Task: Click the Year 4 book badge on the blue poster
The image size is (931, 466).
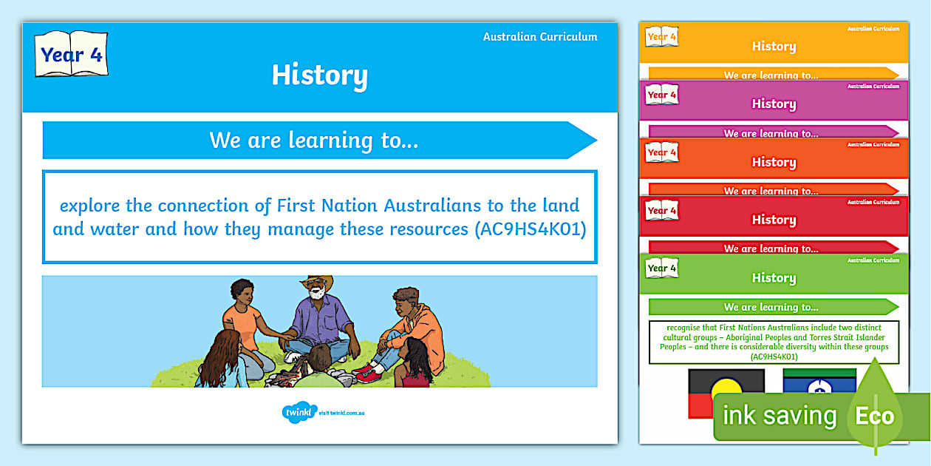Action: tap(71, 54)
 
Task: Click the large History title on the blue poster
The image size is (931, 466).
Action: tap(319, 75)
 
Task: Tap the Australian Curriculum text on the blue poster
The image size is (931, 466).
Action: tap(540, 37)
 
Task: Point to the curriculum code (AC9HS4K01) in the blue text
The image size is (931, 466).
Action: tap(528, 229)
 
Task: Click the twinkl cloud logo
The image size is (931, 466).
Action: tap(299, 412)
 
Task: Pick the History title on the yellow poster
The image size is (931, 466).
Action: tap(774, 46)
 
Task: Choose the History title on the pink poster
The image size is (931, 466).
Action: tap(774, 104)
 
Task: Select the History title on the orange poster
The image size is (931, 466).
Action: tap(774, 162)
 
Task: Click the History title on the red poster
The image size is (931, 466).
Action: tap(774, 220)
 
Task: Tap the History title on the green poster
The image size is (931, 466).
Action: tap(774, 278)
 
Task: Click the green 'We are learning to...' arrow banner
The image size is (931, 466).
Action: tap(772, 307)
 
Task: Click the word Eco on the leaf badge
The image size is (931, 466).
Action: tap(875, 416)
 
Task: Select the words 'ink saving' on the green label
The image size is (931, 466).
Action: tap(779, 416)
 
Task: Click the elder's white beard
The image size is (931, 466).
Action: tap(317, 294)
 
